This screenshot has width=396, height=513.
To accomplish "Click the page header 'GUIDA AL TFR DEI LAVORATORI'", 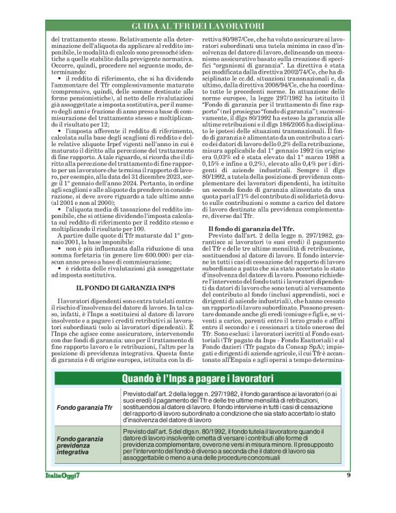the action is pyautogui.click(x=198, y=25).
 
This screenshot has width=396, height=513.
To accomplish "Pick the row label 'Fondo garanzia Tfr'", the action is pyautogui.click(x=85, y=408).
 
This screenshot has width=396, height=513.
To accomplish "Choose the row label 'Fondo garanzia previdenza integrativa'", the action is pyautogui.click(x=81, y=445).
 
